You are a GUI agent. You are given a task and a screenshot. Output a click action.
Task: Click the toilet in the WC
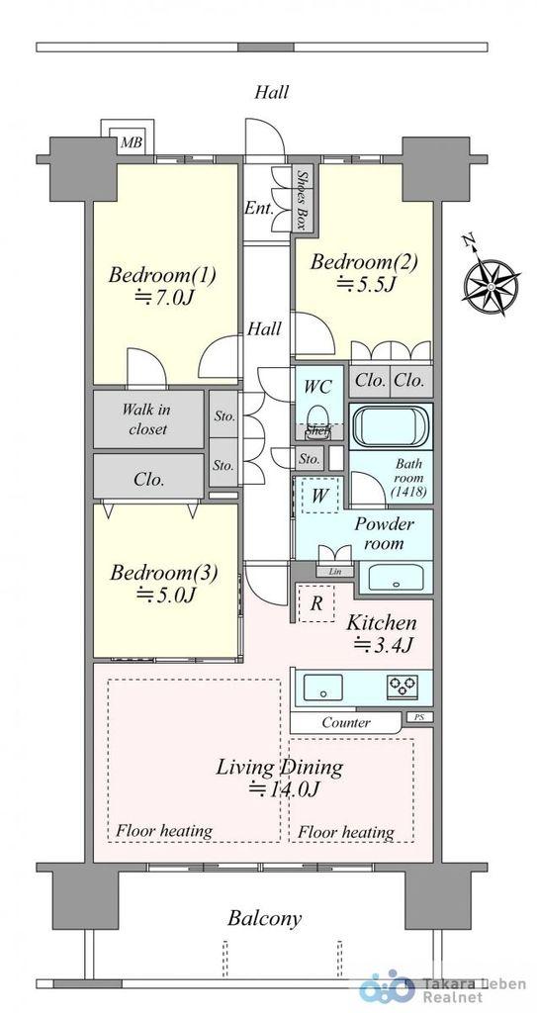[x=316, y=416]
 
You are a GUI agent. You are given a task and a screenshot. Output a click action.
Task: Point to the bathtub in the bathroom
[x=391, y=426]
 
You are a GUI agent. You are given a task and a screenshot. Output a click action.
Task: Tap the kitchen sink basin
[x=323, y=687]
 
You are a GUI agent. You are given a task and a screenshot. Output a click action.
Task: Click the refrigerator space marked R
[x=316, y=603]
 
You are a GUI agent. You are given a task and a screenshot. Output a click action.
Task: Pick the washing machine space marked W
[x=318, y=496]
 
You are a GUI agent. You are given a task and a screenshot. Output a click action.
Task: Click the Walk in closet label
[x=148, y=418]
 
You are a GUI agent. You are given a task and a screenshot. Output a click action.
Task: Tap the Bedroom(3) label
[x=163, y=573]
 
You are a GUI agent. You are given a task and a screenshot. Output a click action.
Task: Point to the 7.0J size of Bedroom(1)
[x=165, y=297]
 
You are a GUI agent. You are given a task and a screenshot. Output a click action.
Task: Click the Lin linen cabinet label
[x=334, y=571]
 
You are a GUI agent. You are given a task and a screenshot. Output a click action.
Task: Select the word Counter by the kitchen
[x=346, y=722]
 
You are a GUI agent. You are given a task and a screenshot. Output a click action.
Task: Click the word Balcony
[x=264, y=918]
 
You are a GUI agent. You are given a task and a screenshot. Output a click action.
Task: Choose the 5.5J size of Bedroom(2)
[x=365, y=284]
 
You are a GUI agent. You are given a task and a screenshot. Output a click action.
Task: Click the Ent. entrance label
[x=258, y=209]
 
